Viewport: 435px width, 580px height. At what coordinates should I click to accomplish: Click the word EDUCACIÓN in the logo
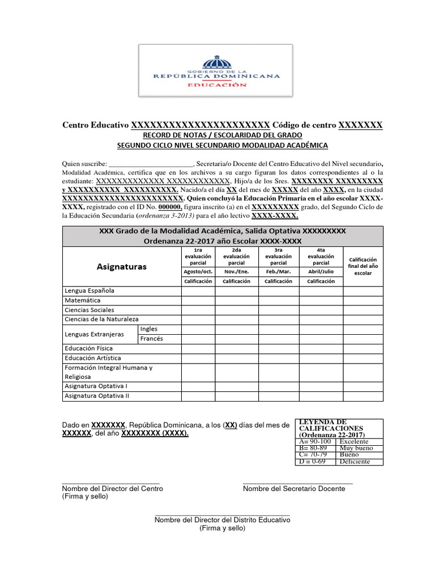217,85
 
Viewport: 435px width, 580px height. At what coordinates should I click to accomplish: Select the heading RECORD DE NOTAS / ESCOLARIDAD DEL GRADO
223,135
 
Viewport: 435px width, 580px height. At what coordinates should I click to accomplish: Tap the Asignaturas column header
122,266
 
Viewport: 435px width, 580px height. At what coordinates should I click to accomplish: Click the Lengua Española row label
89,291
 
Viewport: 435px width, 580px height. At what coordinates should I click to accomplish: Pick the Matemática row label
83,300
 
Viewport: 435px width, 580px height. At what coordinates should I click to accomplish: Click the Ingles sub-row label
149,329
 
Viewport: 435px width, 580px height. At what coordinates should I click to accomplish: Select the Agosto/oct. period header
198,271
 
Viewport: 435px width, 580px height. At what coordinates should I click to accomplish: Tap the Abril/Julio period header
321,271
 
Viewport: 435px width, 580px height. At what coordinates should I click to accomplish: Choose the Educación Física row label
89,348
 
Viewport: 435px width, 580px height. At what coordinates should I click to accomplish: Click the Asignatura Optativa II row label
97,396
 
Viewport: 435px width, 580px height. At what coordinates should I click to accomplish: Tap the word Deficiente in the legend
355,462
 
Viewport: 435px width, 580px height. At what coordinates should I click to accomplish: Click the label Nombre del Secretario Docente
293,489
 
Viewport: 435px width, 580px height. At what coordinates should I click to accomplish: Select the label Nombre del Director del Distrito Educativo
222,520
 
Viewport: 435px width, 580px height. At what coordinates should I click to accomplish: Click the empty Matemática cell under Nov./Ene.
237,300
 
